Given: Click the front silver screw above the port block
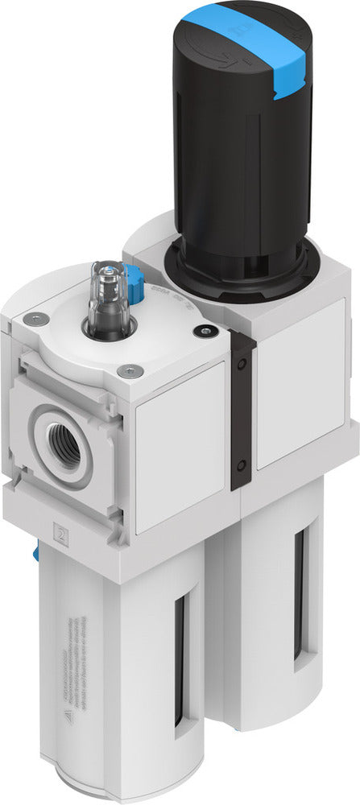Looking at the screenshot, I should coord(126,371).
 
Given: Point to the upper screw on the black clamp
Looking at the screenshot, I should coord(242,363).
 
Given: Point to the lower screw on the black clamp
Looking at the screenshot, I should coord(242,464).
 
